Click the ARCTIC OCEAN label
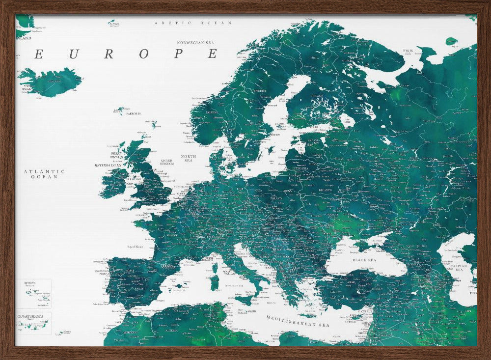[x=192, y=23]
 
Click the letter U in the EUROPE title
[x=74, y=55]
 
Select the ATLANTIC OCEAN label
[x=44, y=174]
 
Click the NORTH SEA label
[x=189, y=159]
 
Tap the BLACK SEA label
[x=364, y=260]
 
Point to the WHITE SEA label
[x=408, y=52]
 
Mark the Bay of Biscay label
[x=136, y=247]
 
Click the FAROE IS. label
[x=134, y=113]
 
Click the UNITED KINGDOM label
[x=167, y=162]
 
